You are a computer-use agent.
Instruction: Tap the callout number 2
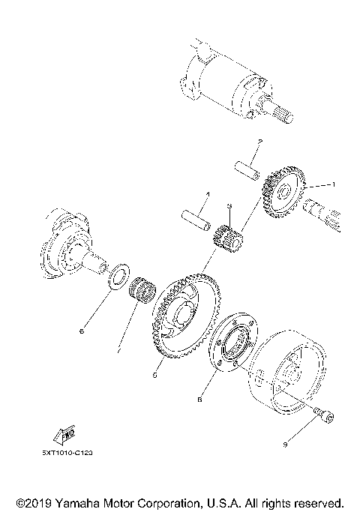(258, 141)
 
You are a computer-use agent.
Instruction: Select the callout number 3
(230, 206)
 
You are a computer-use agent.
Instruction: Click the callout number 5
(154, 375)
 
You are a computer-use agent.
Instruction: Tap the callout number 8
(199, 400)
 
